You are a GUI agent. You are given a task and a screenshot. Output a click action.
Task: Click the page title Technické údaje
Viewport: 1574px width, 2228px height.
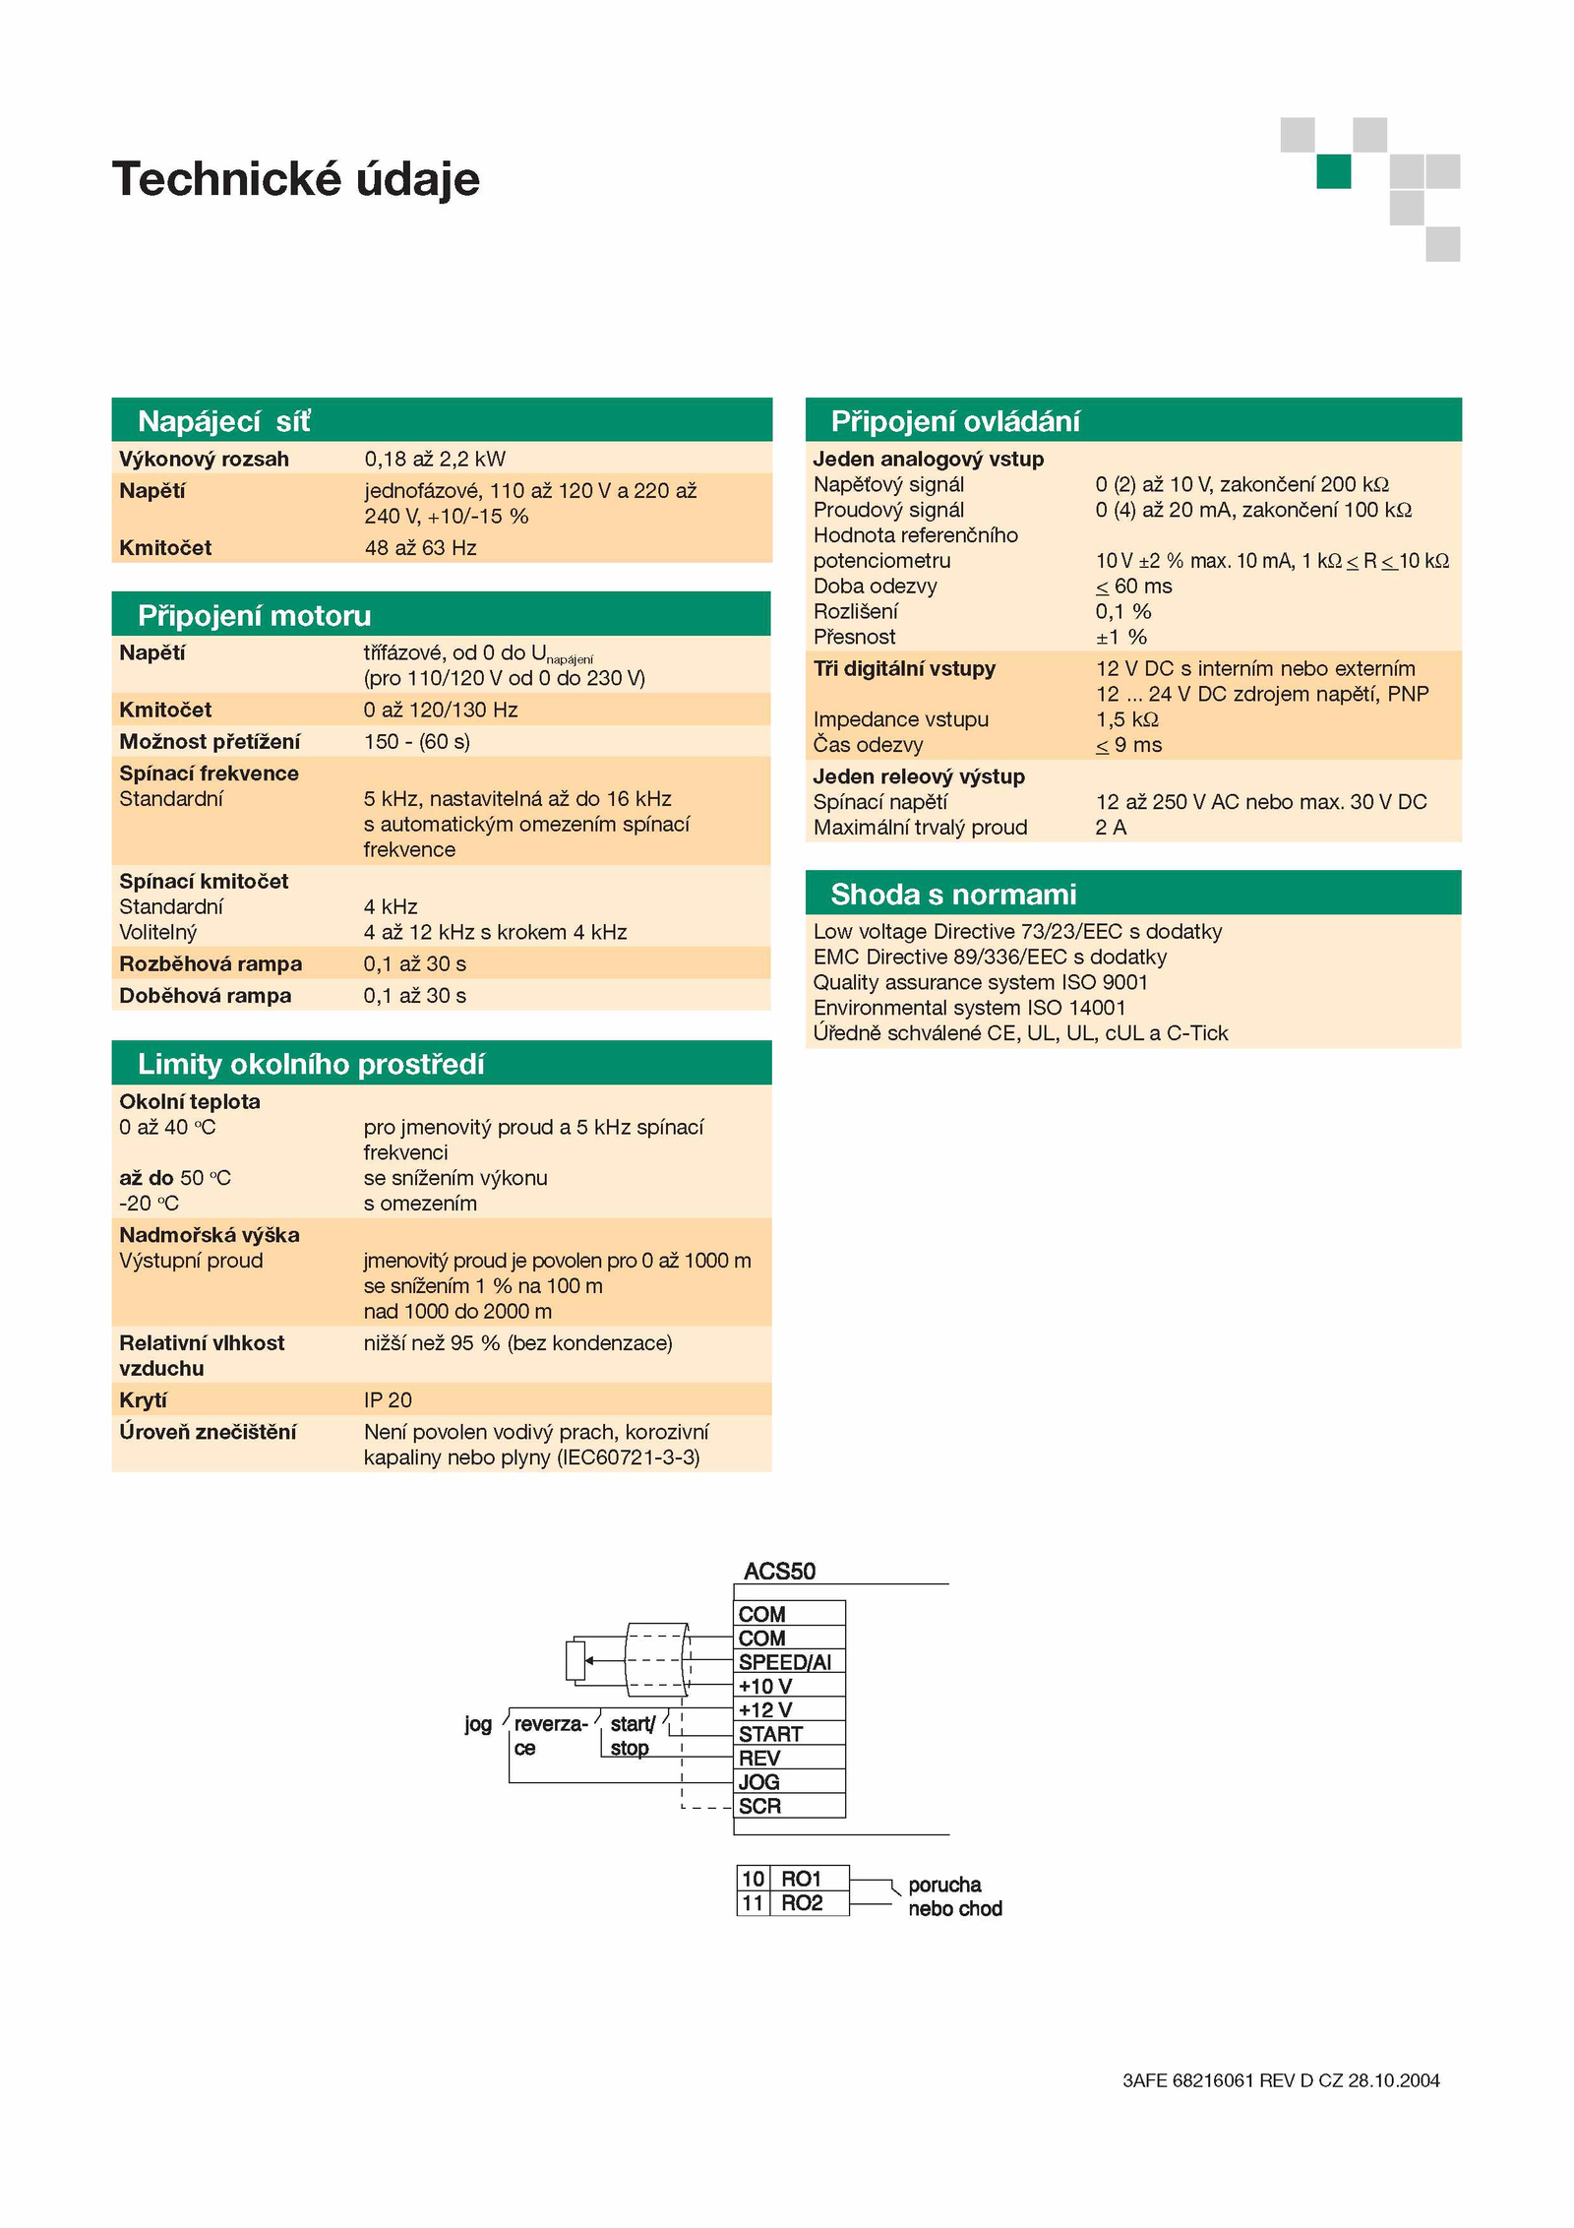pos(296,179)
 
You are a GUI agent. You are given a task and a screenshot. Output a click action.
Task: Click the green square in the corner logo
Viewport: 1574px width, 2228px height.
pos(1334,171)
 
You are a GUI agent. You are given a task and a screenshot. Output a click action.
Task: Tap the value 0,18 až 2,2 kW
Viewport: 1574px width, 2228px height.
pos(435,459)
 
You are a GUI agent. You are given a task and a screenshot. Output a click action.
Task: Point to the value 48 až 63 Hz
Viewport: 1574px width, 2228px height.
pos(420,547)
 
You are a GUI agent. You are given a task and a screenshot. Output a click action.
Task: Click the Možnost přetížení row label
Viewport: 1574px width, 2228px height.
pos(210,741)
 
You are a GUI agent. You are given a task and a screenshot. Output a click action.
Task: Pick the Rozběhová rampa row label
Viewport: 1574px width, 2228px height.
pos(211,963)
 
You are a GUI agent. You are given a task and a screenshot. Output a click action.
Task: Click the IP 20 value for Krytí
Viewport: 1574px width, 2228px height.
pos(388,1399)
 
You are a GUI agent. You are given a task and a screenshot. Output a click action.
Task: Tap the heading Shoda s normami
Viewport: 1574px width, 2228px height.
pos(953,894)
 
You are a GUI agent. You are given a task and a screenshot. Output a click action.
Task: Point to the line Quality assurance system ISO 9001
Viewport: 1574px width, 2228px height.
pos(980,982)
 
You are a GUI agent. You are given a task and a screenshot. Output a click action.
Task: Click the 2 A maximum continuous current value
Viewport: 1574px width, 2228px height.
pos(1111,828)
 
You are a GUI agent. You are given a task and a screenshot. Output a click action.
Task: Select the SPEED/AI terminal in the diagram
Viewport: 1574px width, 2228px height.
pos(789,1662)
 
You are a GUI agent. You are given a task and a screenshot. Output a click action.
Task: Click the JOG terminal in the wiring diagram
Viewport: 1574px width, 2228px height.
pos(789,1782)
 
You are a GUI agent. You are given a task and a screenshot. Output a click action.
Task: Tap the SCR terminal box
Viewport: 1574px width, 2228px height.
pos(789,1806)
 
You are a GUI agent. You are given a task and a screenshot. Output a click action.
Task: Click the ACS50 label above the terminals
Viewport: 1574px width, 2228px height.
pos(779,1571)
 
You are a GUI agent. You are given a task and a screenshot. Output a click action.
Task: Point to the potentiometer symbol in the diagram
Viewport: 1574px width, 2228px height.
pos(575,1660)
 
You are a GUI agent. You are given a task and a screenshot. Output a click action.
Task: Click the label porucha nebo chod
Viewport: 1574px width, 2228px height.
pos(954,1896)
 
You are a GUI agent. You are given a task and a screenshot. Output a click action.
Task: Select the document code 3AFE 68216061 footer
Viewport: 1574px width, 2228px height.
pos(1281,2080)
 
